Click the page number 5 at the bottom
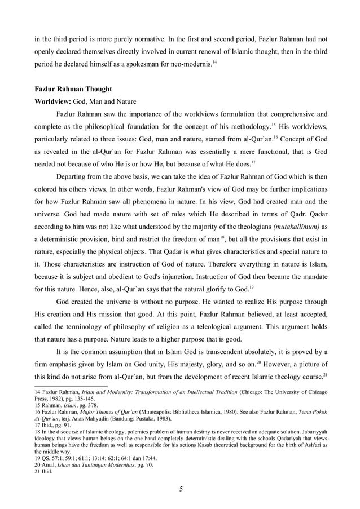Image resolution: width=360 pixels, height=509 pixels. tap(180, 489)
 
